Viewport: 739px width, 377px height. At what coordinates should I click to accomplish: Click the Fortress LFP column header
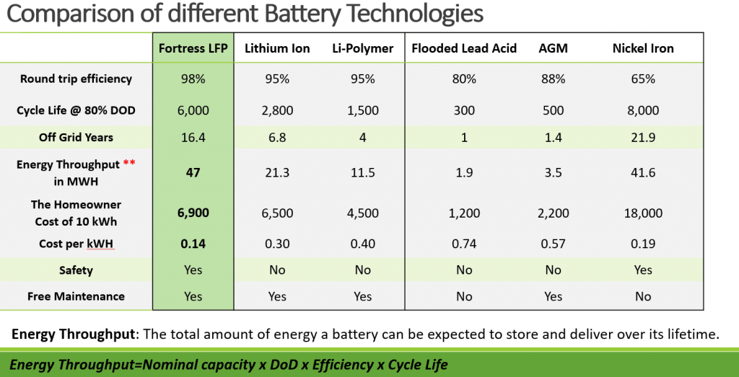coord(193,49)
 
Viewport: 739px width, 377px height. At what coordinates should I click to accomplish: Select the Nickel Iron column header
coord(642,49)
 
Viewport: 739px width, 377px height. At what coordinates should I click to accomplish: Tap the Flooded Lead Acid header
coord(464,49)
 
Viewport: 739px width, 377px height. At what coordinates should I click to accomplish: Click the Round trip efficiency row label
coord(76,79)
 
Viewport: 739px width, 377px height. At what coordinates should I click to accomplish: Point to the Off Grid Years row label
coord(76,138)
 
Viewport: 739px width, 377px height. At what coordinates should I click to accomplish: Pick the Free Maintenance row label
coord(76,296)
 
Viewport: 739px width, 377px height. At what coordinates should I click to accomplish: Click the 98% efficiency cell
coord(193,79)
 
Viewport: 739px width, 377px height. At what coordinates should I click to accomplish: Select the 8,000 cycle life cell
coord(642,110)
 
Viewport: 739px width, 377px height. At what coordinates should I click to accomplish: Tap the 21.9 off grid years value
coord(642,138)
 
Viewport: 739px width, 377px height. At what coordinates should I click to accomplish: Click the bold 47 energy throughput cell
coord(193,174)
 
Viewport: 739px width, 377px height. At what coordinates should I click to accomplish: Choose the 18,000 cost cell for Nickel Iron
coord(642,213)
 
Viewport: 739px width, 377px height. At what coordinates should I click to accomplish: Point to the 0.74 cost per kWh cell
coord(464,244)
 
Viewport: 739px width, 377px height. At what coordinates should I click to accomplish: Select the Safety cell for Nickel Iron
coord(642,270)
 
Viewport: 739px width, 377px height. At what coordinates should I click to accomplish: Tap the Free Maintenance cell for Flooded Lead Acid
coord(464,296)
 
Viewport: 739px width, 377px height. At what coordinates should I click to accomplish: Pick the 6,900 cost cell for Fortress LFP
coord(193,213)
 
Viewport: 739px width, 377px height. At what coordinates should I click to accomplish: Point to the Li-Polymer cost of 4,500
coord(362,213)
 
